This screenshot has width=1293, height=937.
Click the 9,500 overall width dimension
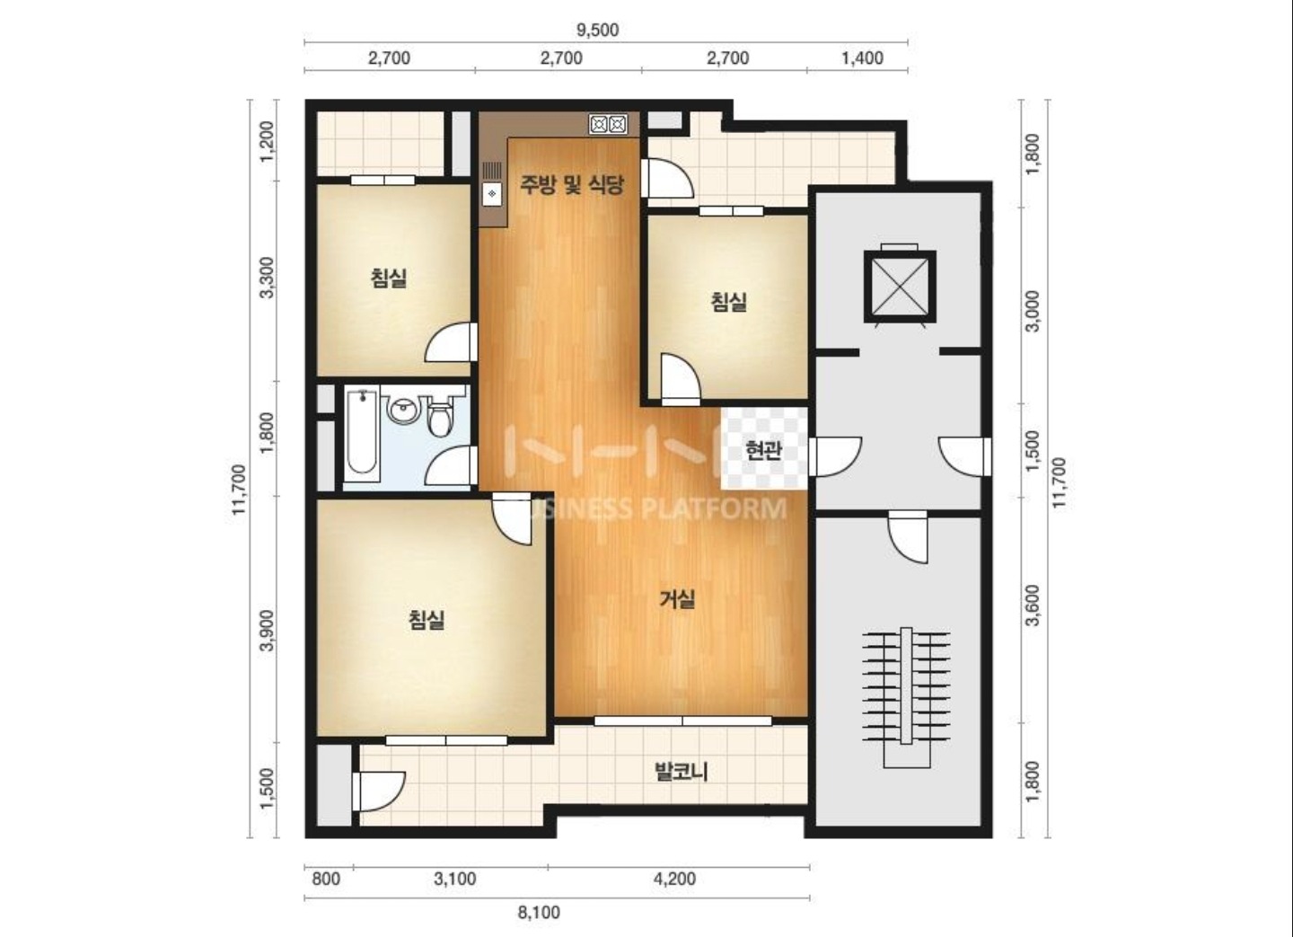[x=597, y=30]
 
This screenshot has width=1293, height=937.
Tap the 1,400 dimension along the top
[x=862, y=58]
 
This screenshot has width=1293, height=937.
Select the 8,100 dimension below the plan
[x=539, y=913]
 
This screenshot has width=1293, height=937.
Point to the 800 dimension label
[x=326, y=880]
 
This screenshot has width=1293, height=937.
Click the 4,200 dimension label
[x=675, y=880]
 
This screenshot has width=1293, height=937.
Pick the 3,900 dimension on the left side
[x=267, y=630]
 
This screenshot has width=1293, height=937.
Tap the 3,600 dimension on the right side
[x=1034, y=605]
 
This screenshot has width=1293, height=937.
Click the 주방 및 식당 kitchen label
[x=572, y=184]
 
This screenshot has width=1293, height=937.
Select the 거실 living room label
[x=677, y=599]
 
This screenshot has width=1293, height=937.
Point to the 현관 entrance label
[x=763, y=451]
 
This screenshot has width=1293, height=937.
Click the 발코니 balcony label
[x=682, y=772]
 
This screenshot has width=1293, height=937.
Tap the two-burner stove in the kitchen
[x=609, y=124]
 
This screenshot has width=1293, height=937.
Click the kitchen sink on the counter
[x=492, y=184]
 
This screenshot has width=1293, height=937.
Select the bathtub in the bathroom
[x=362, y=437]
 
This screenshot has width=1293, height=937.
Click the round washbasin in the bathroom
[x=401, y=411]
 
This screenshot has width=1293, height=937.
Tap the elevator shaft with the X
[x=900, y=286]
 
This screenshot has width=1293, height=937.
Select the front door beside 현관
[x=835, y=456]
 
